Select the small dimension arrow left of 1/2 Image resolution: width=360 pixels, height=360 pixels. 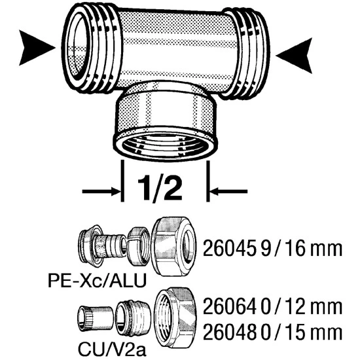pos(101,191)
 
